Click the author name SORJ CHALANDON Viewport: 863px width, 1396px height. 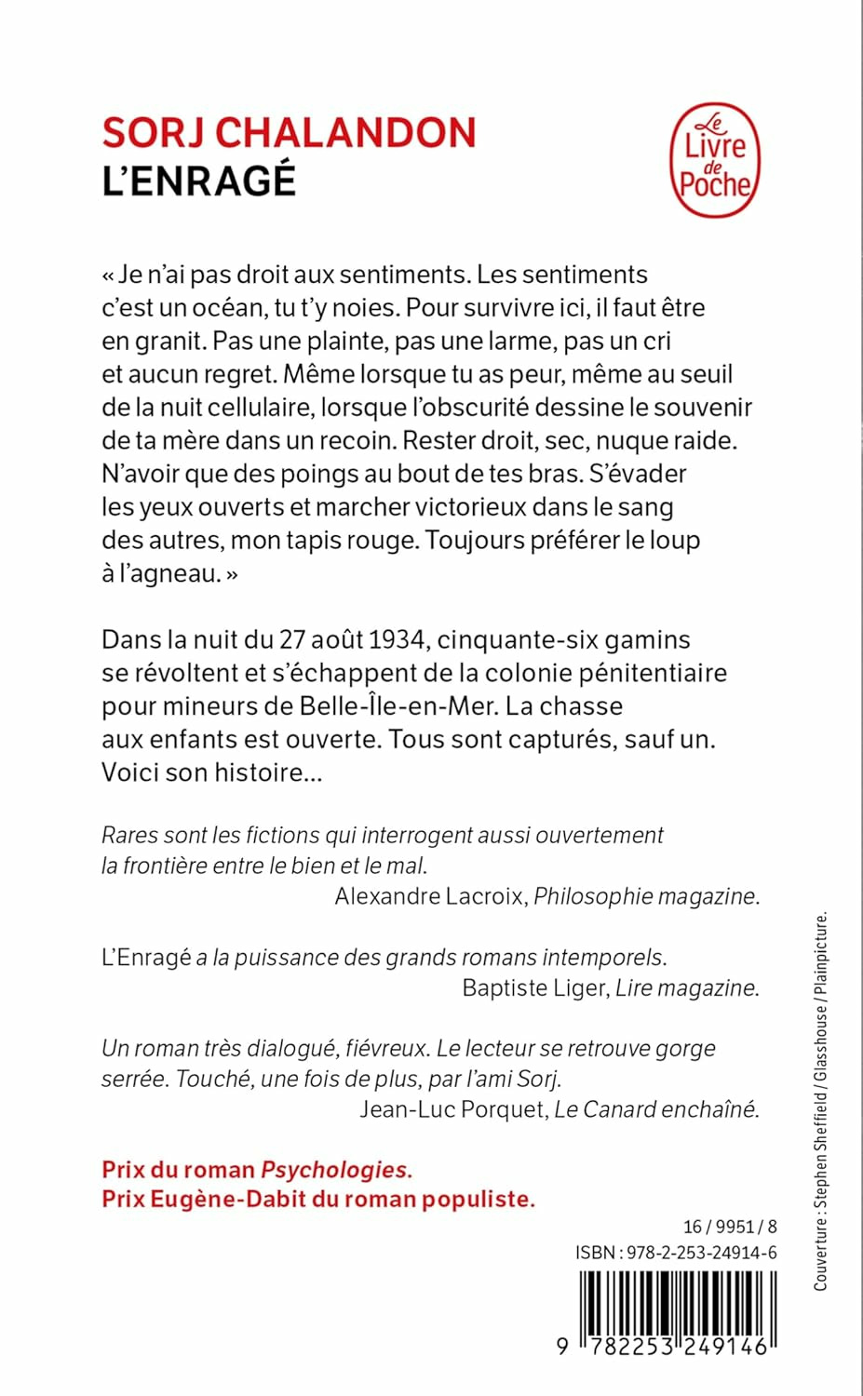tap(289, 133)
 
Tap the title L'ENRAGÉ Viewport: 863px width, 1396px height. tap(198, 181)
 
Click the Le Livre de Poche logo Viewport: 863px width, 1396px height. tap(714, 160)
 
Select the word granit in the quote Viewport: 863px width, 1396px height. tap(170, 342)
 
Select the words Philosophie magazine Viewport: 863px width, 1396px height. tap(646, 896)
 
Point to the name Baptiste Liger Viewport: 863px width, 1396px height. tap(533, 988)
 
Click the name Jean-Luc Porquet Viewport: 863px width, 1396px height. tap(452, 1109)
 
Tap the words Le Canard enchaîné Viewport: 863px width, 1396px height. tap(656, 1109)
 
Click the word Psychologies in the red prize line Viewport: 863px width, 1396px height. tap(335, 1170)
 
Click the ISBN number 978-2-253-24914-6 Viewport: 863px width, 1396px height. tap(702, 1253)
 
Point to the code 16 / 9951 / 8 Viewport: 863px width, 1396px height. tap(730, 1227)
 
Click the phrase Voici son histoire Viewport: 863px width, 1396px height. tap(211, 772)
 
